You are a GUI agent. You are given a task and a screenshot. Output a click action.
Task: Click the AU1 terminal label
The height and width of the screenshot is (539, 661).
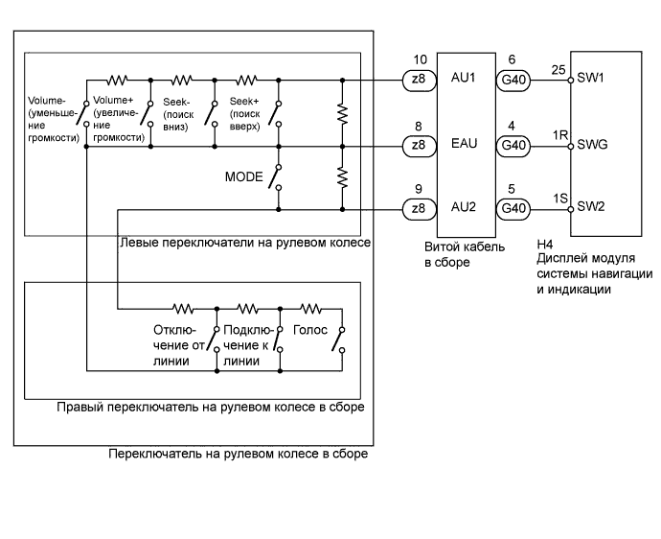(464, 80)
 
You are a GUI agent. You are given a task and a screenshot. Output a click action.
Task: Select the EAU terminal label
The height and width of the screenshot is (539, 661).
(464, 146)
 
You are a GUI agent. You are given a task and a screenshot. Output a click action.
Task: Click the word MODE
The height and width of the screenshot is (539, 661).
(243, 177)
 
